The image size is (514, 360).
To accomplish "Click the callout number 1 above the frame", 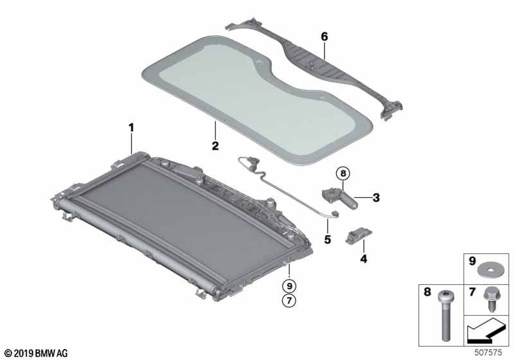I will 131,128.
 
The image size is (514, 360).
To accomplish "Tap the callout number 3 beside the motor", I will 377,198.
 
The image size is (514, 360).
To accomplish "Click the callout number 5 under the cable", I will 327,240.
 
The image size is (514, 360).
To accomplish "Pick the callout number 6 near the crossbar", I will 324,37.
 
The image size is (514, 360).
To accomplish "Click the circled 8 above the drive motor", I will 343,173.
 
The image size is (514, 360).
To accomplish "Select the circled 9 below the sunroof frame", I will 290,285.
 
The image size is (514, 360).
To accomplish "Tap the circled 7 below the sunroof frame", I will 290,300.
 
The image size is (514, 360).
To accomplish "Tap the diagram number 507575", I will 491,352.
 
